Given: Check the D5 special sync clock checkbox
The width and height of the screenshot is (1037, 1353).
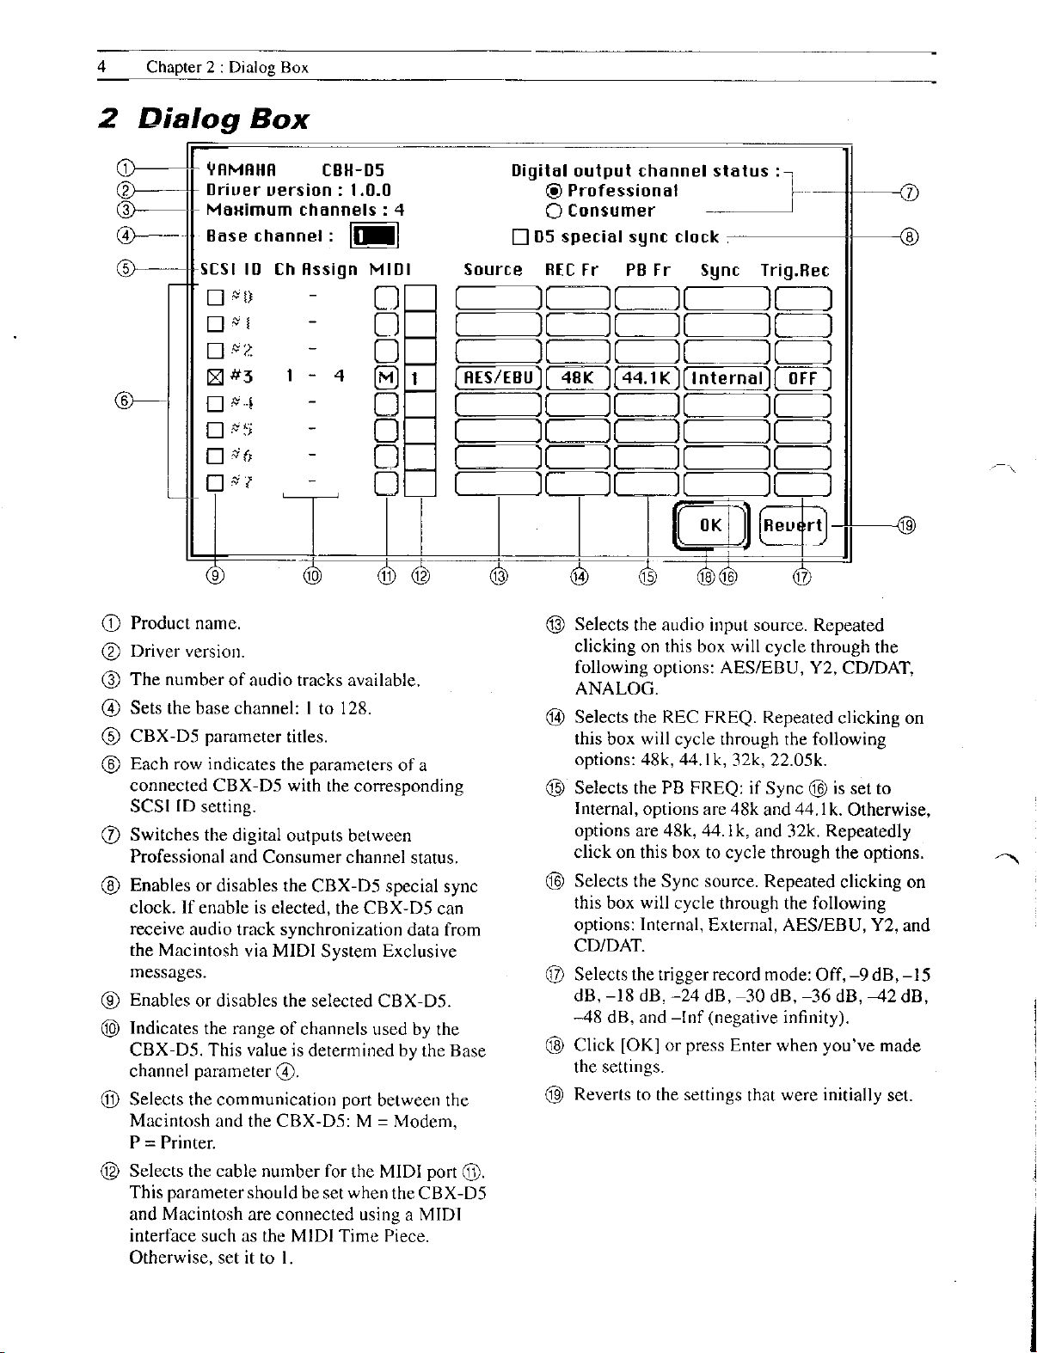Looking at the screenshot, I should coord(518,236).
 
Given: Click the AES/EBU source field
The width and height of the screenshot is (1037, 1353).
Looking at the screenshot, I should coord(497,379).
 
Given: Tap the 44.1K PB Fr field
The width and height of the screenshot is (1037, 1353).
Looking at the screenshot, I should coord(647,379).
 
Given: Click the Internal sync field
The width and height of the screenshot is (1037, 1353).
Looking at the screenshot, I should coord(728,379).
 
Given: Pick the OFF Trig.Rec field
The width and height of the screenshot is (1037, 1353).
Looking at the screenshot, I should coord(801,379).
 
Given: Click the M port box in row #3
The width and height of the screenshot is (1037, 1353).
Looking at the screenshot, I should coord(386,379).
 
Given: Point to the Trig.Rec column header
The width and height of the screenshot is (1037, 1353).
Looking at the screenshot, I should coord(795,270).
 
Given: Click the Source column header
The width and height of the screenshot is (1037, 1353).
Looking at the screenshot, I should coord(492,270).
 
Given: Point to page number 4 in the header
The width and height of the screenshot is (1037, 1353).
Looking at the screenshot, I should coord(101,67).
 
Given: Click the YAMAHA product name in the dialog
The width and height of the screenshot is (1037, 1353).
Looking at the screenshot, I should coord(240,170).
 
